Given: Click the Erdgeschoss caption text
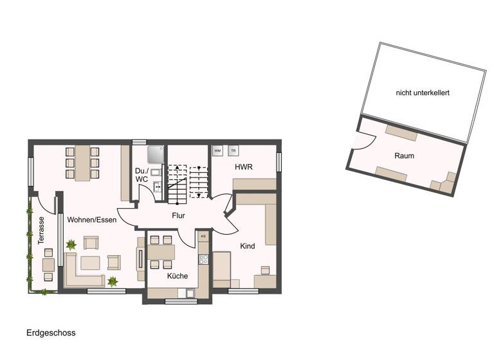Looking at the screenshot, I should (x=51, y=333).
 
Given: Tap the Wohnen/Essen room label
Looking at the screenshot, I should (x=91, y=220).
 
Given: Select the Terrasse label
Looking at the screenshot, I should (x=41, y=229).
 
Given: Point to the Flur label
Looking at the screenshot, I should (x=178, y=215).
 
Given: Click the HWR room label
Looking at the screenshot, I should (x=243, y=167).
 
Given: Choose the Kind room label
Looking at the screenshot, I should (x=248, y=246).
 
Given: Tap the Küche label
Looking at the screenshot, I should (x=178, y=276).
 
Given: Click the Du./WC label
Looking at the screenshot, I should (x=142, y=175).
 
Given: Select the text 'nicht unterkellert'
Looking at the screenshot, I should (x=423, y=93).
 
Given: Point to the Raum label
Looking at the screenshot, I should (x=405, y=156).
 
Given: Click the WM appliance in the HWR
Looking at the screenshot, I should (x=217, y=151).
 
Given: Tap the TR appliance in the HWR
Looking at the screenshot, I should (x=233, y=151).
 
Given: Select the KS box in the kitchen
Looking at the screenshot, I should (x=203, y=237).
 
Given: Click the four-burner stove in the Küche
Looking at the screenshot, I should (x=203, y=260).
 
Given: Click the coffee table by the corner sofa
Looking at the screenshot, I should (x=89, y=263).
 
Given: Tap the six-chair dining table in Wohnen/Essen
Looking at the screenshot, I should (x=82, y=163).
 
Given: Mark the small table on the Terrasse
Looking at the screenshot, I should (x=48, y=264).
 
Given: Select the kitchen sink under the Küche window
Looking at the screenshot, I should (x=190, y=293).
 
